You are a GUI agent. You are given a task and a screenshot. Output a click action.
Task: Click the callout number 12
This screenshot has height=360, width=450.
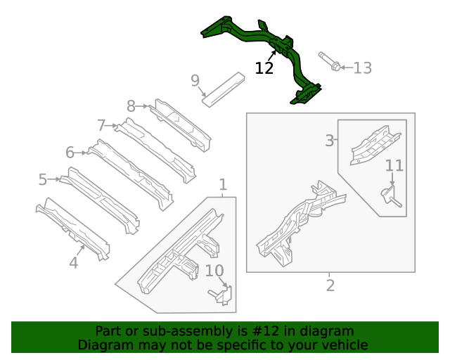tap(264, 68)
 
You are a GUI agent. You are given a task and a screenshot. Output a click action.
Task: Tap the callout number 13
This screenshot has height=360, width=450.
tap(362, 68)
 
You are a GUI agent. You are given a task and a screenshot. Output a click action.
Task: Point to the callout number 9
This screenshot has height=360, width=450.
tap(195, 81)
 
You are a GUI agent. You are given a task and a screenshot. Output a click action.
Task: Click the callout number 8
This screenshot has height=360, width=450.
tap(131, 106)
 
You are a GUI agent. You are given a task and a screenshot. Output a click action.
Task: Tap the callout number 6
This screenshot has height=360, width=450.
tap(70, 152)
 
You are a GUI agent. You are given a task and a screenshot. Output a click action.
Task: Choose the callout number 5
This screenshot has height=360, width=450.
tap(42, 180)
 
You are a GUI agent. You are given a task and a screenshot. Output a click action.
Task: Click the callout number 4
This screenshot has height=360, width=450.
tap(73, 263)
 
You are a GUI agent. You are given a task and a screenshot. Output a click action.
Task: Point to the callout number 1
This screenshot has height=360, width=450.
tap(223, 185)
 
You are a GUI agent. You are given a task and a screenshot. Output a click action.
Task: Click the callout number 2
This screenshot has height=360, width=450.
tap(330, 285)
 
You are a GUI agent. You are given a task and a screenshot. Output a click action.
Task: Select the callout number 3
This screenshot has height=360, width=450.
tap(329, 141)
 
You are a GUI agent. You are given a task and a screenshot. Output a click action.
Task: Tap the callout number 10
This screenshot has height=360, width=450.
tap(214, 271)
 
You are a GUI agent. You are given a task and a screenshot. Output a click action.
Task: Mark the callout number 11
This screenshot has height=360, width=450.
tap(394, 166)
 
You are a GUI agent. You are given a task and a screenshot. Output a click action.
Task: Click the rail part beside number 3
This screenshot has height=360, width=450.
tap(374, 143)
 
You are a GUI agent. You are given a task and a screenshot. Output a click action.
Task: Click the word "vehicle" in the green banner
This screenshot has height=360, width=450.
tap(344, 345)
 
